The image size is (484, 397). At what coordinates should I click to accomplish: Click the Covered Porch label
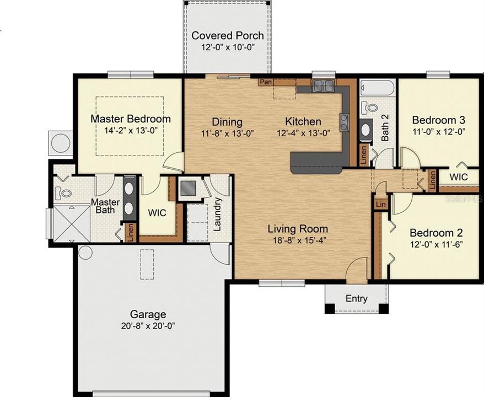click(x=227, y=36)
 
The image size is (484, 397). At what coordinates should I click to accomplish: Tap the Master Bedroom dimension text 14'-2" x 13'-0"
click(x=130, y=131)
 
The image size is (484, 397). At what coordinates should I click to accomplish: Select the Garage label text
click(x=148, y=314)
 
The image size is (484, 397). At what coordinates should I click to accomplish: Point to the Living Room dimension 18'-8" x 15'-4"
click(x=298, y=241)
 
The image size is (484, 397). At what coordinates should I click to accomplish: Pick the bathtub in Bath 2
click(x=377, y=88)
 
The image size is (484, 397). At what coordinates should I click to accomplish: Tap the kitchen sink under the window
click(x=322, y=85)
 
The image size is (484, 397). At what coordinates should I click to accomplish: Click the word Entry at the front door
click(x=356, y=299)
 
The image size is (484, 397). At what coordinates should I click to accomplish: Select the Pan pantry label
click(x=266, y=82)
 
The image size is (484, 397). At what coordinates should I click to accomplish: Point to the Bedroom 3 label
click(x=438, y=120)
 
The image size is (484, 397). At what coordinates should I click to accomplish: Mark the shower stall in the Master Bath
click(x=71, y=223)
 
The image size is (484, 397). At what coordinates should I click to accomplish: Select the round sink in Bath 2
click(x=365, y=131)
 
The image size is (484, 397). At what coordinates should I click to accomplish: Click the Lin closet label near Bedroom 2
click(x=380, y=205)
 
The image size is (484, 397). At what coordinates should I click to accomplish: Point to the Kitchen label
click(x=303, y=121)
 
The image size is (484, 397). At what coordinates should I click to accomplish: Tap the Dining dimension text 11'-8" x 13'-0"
click(x=220, y=133)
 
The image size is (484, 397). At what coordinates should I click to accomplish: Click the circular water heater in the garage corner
click(x=85, y=253)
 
